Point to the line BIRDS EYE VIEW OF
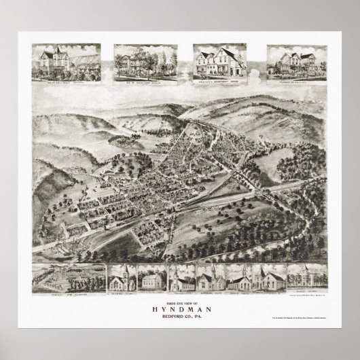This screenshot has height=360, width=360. pos(180,301)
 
